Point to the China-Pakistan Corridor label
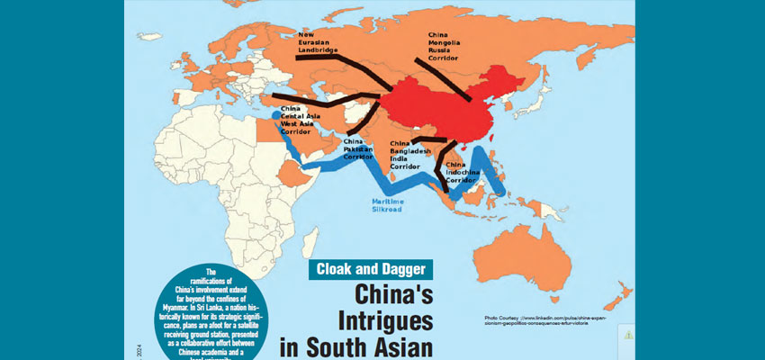tap(357, 148)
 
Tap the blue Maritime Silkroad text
tap(389, 206)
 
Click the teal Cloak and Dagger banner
tap(371, 268)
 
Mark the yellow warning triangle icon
tap(628, 335)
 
